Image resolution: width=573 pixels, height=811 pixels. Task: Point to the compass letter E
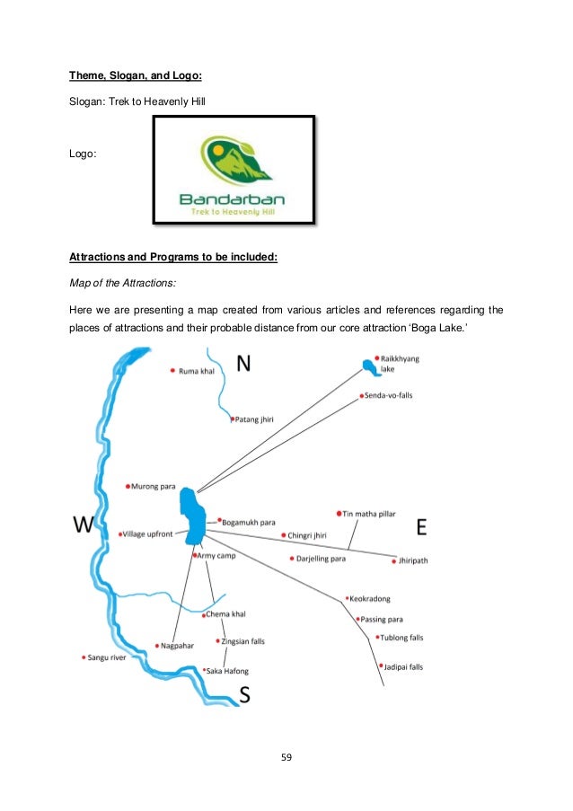point(420,527)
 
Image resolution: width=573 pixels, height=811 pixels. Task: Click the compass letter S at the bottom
point(244,693)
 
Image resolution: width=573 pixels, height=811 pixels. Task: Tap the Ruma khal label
point(198,370)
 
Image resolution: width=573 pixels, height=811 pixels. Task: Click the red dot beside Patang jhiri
point(232,419)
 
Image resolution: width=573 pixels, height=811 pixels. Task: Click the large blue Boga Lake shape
point(190,515)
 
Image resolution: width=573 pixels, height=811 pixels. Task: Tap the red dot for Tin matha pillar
point(339,514)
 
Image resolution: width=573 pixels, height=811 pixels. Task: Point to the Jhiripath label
point(414,560)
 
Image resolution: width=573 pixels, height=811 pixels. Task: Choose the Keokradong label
point(370,598)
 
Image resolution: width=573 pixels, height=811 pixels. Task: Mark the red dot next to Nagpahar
point(158,645)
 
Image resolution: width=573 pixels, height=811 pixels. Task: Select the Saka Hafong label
point(228,671)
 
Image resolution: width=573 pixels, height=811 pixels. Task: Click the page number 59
point(286,756)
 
